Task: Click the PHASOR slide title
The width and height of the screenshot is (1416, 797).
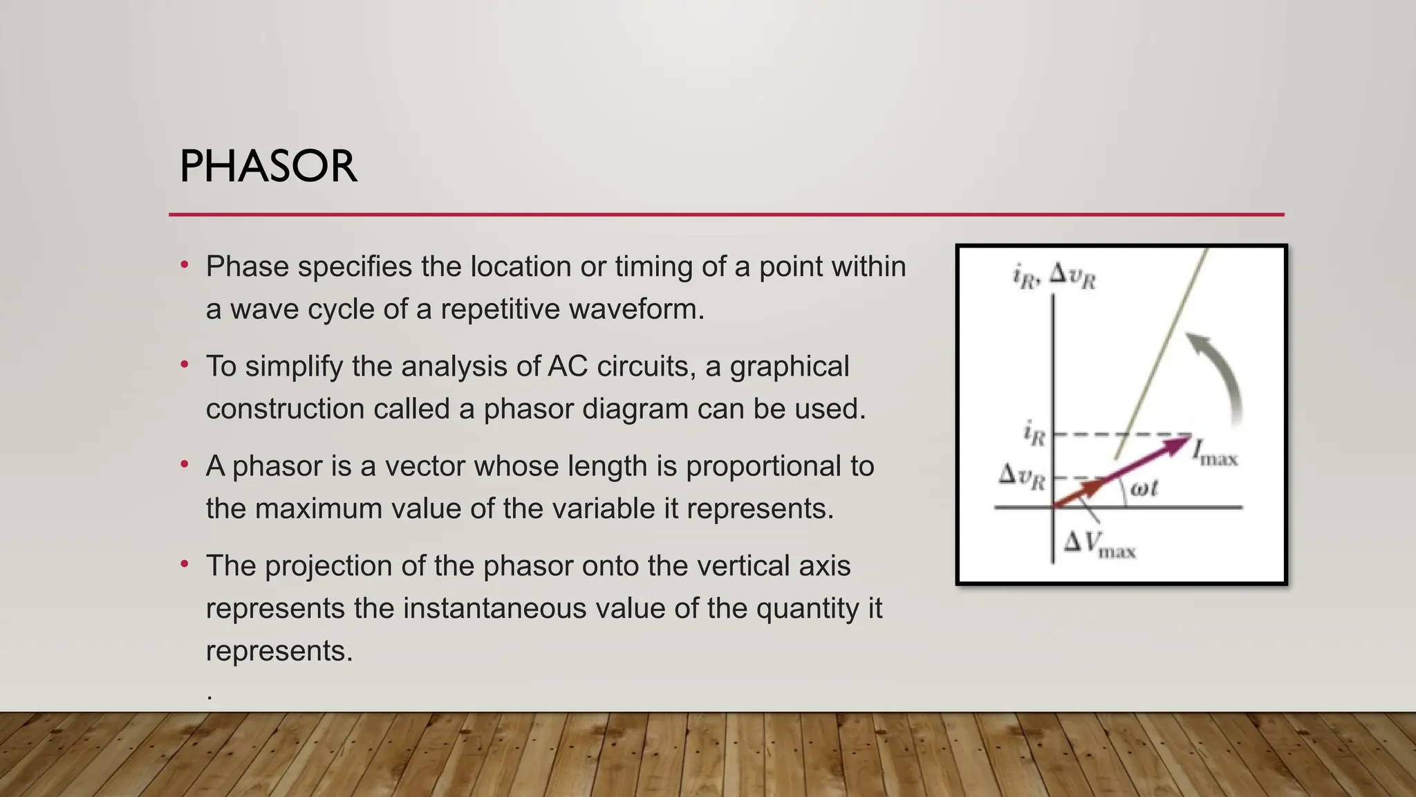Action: click(x=268, y=167)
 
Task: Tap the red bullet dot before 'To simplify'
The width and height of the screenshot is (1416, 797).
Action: click(x=185, y=364)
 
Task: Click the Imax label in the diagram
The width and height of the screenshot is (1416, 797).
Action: click(x=1215, y=453)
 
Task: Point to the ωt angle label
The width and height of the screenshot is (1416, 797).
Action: click(x=1144, y=488)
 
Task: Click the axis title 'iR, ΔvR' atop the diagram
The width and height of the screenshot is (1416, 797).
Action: click(x=1054, y=276)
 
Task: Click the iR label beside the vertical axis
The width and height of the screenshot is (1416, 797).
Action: click(x=1034, y=434)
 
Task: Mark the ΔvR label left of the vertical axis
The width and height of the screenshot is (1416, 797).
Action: click(x=1022, y=477)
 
